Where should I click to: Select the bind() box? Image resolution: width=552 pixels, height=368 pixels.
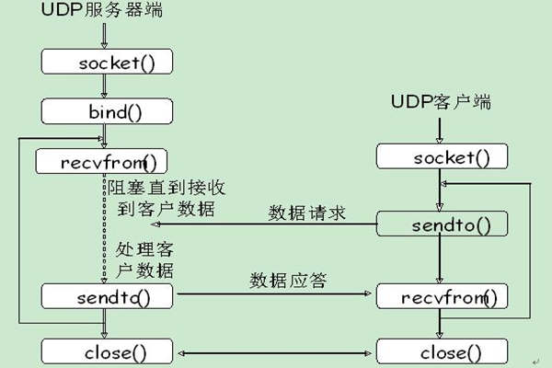[107, 112]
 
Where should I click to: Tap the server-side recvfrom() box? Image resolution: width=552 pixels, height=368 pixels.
[102, 163]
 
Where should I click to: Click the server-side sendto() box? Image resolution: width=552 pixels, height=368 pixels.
[107, 296]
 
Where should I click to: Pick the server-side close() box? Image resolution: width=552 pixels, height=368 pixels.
[107, 351]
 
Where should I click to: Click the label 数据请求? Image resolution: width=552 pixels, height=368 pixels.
[306, 213]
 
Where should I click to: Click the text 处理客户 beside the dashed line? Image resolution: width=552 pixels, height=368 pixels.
[147, 249]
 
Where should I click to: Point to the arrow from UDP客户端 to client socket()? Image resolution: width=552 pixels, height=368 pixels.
[441, 130]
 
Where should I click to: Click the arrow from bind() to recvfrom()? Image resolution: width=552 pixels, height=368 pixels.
[107, 137]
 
